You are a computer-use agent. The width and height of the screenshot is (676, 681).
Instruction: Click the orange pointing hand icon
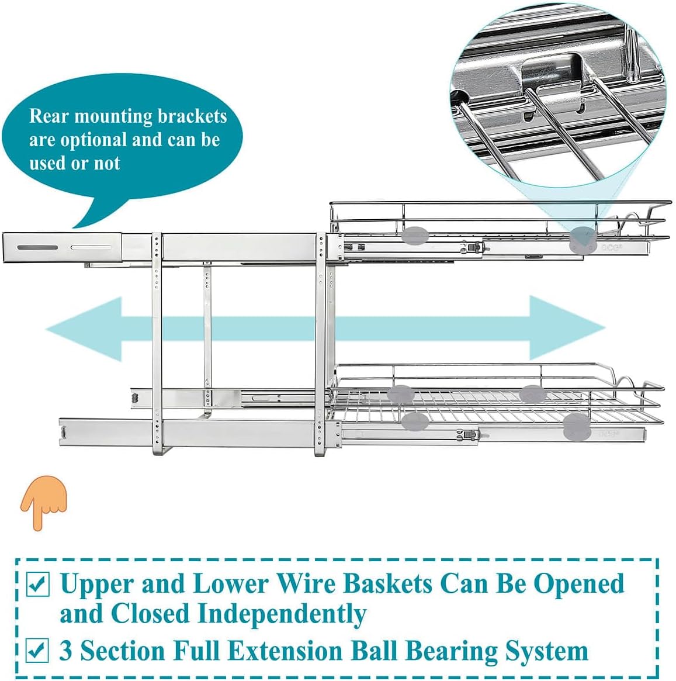click(x=44, y=501)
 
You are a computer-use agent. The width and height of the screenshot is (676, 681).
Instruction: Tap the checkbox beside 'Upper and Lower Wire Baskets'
click(x=39, y=584)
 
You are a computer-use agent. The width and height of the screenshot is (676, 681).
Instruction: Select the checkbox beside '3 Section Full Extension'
click(x=37, y=650)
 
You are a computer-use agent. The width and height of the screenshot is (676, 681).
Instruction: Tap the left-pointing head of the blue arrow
click(x=85, y=329)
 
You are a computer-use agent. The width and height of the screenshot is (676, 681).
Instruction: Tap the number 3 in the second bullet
click(x=66, y=651)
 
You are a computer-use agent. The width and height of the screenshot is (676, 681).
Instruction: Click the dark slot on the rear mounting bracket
click(x=37, y=248)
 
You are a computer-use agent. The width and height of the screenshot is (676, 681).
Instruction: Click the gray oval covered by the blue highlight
click(x=583, y=237)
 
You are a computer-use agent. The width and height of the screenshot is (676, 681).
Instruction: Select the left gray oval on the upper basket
click(x=415, y=236)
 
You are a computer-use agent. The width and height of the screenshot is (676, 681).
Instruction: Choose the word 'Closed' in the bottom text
click(x=150, y=614)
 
